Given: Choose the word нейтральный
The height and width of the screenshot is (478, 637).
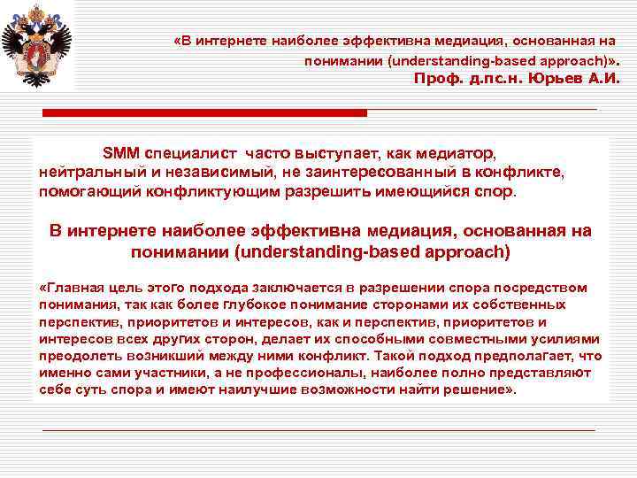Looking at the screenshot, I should click(85, 172).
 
